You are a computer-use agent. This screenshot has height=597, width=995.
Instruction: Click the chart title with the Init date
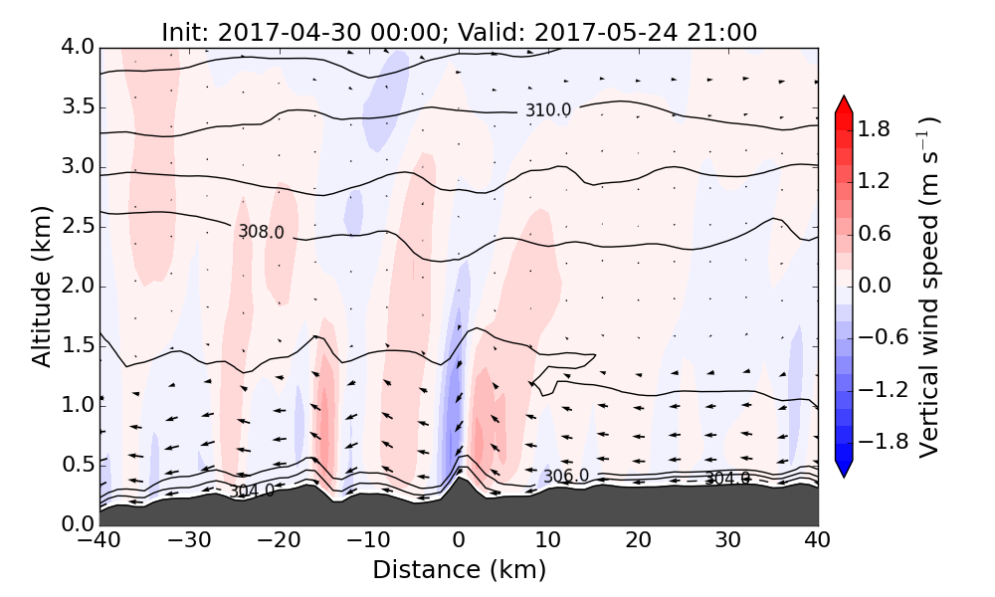pos(459,32)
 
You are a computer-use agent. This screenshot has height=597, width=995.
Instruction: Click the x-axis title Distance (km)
pos(459,570)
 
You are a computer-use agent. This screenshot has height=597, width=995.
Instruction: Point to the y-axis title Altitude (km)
pos(41,287)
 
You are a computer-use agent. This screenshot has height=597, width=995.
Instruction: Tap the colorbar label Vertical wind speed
pos(928,287)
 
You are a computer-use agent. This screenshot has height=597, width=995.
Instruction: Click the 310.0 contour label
pos(548,110)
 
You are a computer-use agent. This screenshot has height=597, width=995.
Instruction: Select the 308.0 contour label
pos(261,232)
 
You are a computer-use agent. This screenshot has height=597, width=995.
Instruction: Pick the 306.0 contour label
pos(565,477)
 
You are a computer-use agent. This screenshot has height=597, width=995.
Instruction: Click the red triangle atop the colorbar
pos(844,104)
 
